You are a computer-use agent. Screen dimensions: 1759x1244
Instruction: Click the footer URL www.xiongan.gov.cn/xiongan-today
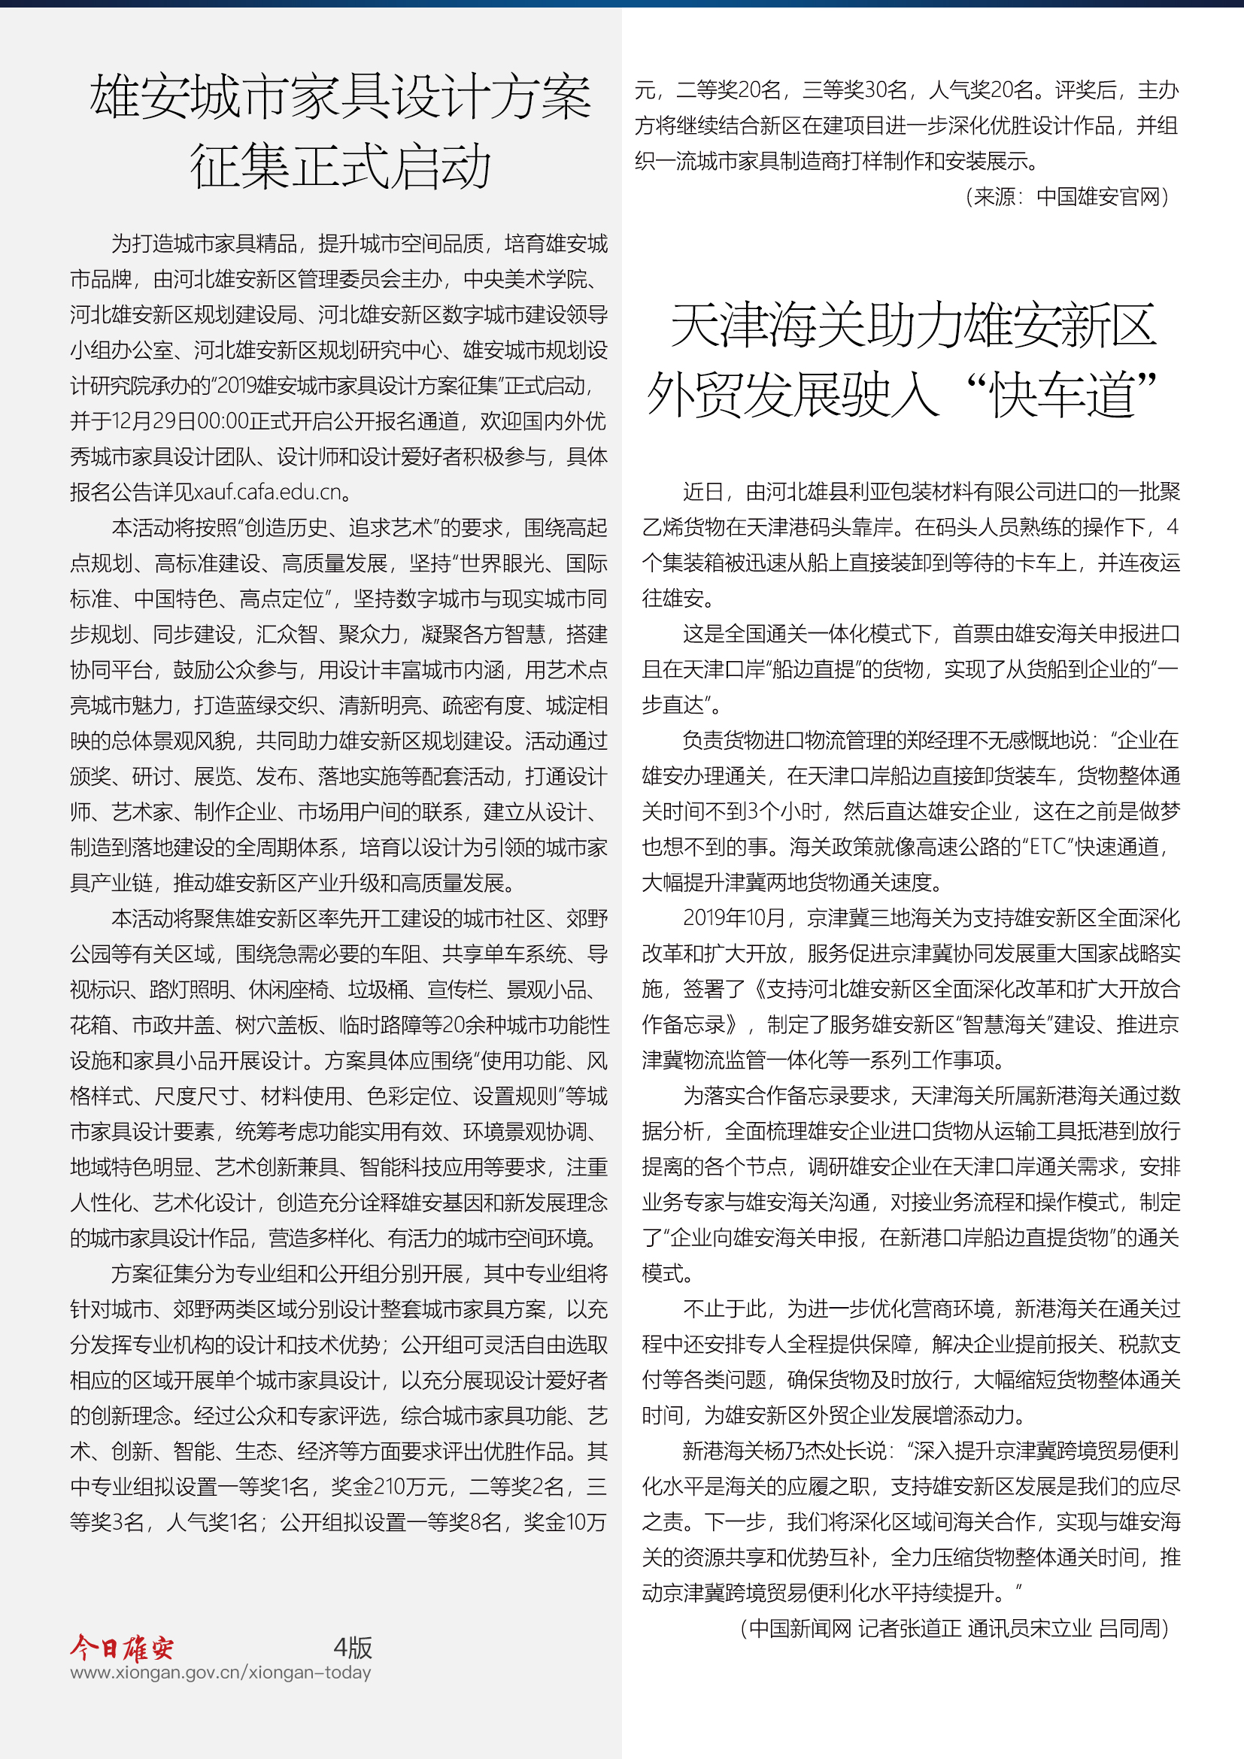(x=220, y=1673)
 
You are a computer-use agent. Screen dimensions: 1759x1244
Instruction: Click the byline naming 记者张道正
(x=909, y=1628)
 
